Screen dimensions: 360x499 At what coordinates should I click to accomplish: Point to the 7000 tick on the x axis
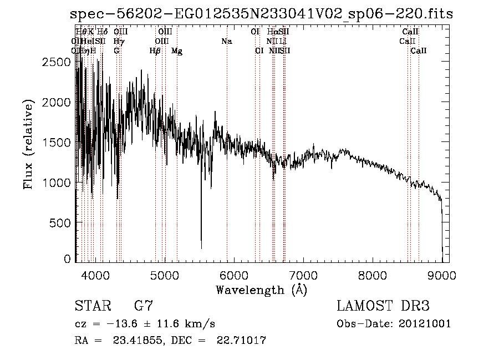tap(303, 275)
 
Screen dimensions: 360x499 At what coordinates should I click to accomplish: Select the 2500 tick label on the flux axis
tap(55, 63)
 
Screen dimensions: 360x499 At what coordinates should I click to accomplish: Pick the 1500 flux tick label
tap(55, 143)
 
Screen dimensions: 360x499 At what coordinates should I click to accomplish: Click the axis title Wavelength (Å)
tap(261, 290)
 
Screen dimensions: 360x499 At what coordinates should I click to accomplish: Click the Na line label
tap(226, 41)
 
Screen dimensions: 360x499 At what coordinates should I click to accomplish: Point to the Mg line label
tap(176, 51)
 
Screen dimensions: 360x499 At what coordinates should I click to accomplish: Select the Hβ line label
tap(155, 51)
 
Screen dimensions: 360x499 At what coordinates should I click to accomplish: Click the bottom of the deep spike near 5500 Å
tap(201, 247)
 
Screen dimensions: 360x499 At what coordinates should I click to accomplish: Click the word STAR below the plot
tap(92, 306)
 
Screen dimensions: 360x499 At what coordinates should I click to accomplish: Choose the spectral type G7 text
tap(144, 306)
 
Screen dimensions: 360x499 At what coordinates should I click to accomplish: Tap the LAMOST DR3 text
tap(383, 306)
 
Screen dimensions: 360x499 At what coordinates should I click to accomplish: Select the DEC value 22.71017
tap(237, 340)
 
